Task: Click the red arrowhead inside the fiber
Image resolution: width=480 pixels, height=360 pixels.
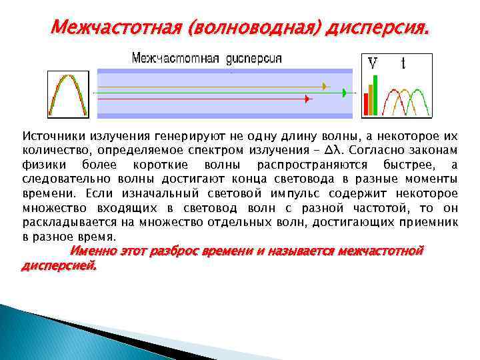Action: [x=307, y=99]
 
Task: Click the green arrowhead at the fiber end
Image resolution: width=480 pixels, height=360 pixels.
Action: [x=344, y=93]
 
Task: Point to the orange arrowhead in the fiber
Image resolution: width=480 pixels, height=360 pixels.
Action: [x=325, y=86]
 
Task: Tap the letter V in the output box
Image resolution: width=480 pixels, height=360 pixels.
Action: [x=373, y=64]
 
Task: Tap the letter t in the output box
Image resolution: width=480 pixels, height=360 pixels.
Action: [x=403, y=64]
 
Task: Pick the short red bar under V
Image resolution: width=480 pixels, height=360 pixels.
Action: [x=366, y=105]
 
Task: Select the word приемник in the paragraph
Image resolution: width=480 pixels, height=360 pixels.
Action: [x=432, y=222]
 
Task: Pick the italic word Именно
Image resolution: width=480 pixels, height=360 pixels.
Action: [x=92, y=251]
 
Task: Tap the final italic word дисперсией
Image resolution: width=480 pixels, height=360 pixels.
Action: [x=59, y=265]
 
